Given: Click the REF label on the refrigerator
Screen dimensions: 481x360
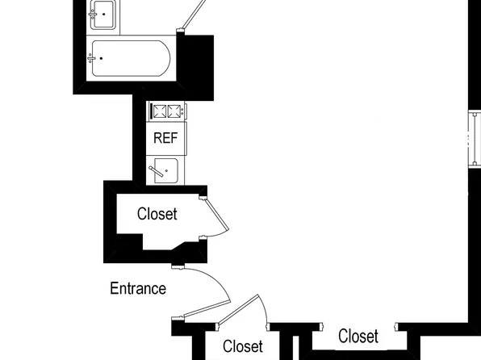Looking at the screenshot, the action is click(165, 138).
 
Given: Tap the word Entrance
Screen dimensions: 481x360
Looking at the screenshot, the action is click(138, 288).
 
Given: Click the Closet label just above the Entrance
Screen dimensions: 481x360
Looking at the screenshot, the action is click(157, 214).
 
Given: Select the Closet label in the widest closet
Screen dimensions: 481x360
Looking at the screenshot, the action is click(358, 336).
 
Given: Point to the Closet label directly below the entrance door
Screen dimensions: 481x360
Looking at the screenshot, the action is click(243, 346).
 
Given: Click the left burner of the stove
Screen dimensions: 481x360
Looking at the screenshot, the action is click(160, 111).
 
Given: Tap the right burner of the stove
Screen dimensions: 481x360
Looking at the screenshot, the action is click(174, 111).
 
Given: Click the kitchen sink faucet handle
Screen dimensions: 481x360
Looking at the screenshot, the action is click(156, 171).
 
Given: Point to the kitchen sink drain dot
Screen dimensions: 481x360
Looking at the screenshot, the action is click(166, 170).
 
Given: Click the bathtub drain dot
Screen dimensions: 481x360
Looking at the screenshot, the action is click(101, 58).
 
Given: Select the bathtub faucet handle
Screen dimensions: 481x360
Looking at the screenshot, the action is click(91, 58).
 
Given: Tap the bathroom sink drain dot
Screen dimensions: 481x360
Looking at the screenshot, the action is click(103, 14).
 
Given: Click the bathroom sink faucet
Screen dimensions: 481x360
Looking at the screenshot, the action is click(93, 14).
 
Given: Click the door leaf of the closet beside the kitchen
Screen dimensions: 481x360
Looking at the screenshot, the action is click(217, 214).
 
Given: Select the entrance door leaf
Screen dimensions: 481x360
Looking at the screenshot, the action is click(207, 309).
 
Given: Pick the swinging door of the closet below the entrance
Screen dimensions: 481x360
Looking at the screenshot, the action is click(239, 310).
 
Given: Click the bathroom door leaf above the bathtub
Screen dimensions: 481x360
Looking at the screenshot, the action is click(194, 15).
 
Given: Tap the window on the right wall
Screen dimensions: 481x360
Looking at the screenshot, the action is click(475, 139).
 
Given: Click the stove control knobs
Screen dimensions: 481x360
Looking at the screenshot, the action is click(183, 111).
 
